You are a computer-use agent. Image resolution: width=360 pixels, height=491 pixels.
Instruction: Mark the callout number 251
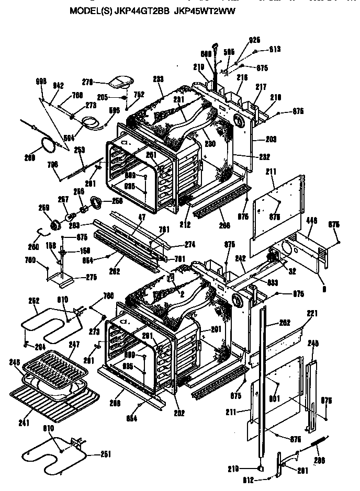106,454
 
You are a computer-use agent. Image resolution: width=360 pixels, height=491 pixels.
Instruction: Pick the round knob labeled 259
54,224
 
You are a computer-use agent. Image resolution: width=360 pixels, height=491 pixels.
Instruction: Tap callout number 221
312,313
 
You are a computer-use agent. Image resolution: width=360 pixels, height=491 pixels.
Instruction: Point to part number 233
158,79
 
